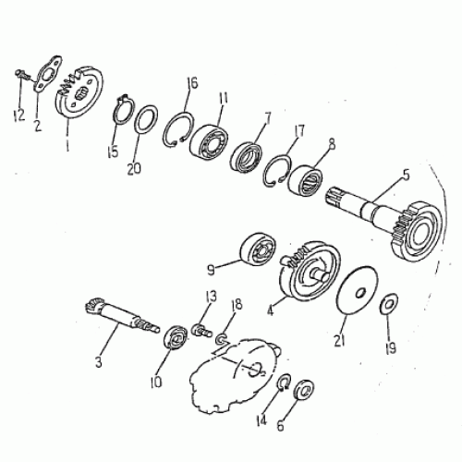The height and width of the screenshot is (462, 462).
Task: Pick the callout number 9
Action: [x=212, y=270]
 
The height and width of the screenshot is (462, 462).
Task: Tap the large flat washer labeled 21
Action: [x=355, y=287]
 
